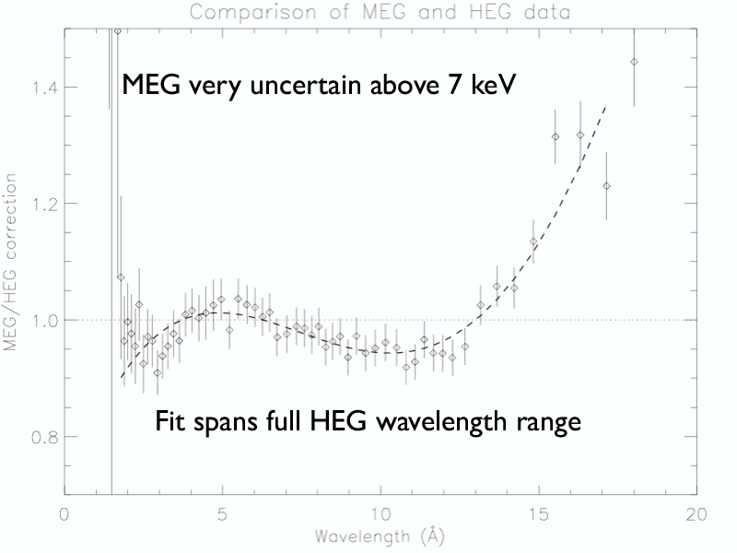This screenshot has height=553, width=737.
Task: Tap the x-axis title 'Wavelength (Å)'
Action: point(380,535)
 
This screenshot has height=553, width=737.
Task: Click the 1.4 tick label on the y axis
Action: point(41,88)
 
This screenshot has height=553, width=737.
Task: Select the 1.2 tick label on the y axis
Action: point(41,204)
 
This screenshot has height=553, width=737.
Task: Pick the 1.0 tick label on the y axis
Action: point(41,321)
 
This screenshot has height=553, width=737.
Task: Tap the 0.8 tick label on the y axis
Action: point(41,437)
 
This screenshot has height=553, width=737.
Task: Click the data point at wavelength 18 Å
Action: point(634,62)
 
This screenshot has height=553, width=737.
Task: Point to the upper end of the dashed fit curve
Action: point(605,106)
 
